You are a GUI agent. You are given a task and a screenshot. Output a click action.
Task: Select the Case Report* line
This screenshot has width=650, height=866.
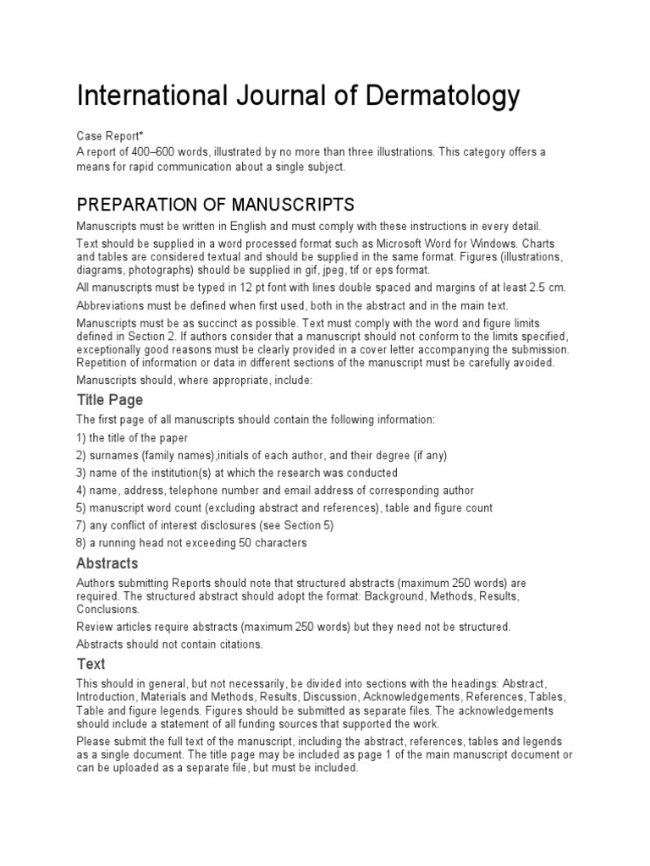coord(108,136)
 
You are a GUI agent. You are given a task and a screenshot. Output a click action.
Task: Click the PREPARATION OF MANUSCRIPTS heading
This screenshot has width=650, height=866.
coord(215,206)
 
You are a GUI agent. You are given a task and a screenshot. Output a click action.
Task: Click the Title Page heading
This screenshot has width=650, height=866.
coord(110,400)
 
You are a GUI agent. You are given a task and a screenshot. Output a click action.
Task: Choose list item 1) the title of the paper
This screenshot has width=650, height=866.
coord(132,438)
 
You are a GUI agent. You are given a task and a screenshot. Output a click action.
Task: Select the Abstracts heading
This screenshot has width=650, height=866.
coord(107,563)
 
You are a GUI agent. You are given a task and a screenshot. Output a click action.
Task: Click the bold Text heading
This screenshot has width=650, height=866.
coord(91,664)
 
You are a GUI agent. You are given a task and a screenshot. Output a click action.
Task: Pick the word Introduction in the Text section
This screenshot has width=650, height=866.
coord(107,697)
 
